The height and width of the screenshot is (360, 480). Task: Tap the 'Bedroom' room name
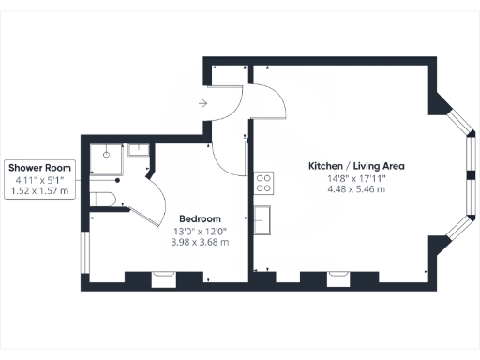pyautogui.click(x=201, y=218)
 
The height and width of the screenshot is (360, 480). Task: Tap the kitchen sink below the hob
pyautogui.click(x=264, y=219)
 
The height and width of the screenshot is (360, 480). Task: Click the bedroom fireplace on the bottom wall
pyautogui.click(x=163, y=277)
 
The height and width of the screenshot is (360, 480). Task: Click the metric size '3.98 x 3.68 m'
pyautogui.click(x=201, y=242)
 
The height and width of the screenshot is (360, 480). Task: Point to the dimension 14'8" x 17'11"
pyautogui.click(x=355, y=178)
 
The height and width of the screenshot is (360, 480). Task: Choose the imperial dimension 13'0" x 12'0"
pyautogui.click(x=201, y=231)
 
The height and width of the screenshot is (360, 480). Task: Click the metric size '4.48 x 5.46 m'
pyautogui.click(x=355, y=189)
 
